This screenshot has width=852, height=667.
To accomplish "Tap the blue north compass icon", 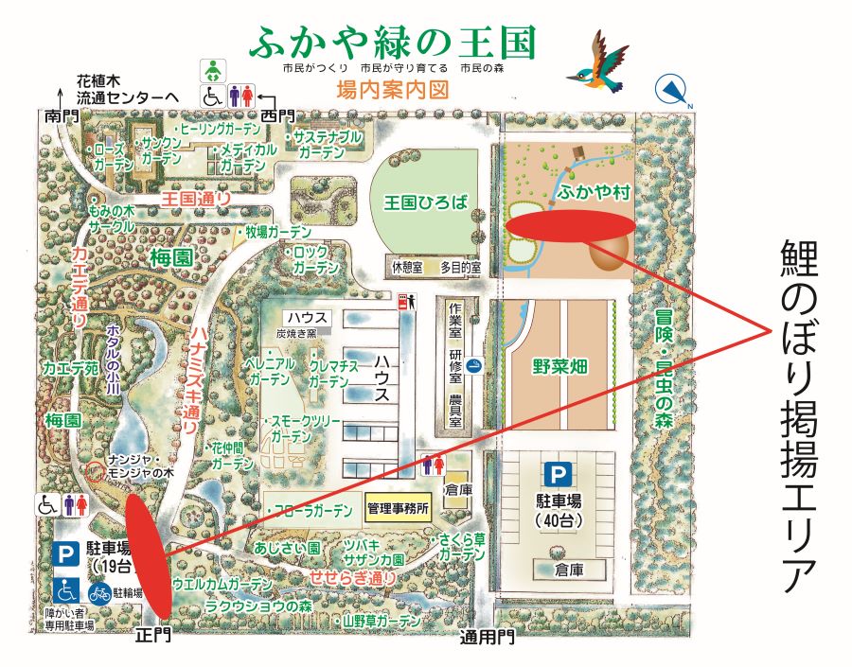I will tap(673, 90).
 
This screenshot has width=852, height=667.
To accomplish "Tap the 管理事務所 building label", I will tap(398, 508).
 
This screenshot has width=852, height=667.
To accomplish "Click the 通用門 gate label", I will tap(488, 637).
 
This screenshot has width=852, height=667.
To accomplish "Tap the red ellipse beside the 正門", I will tap(150, 553).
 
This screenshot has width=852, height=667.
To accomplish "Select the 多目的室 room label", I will tap(459, 269).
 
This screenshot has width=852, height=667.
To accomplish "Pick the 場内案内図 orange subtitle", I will tap(391, 91).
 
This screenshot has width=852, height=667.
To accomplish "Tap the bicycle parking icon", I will tap(99, 593).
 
